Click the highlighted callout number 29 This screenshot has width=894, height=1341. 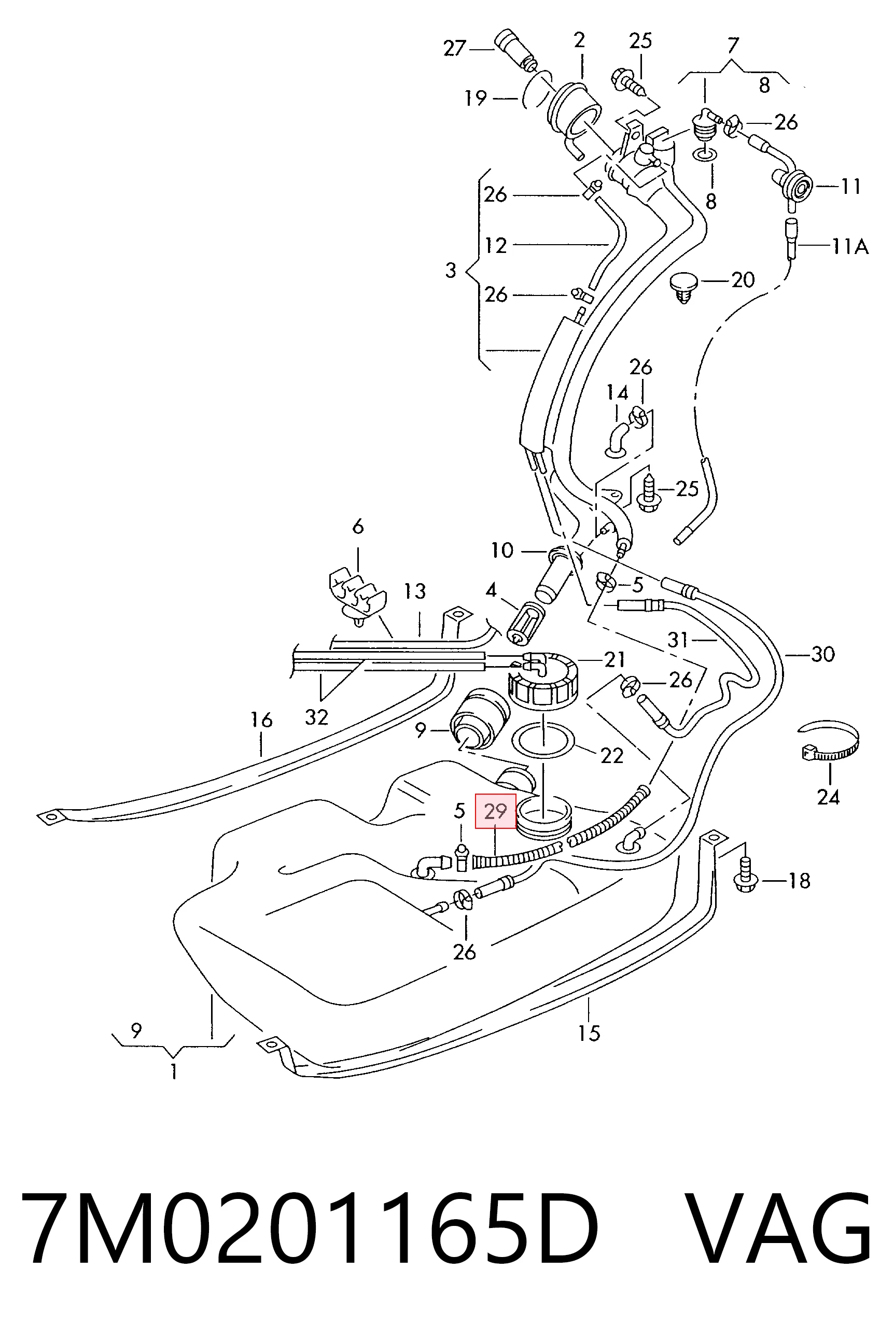495,811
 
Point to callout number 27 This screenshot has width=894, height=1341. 455,48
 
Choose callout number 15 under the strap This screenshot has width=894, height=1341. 589,1032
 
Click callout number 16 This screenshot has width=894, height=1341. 261,720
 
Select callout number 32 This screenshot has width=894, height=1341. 316,717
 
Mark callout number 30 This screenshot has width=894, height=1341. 823,654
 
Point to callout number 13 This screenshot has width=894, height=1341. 415,591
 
